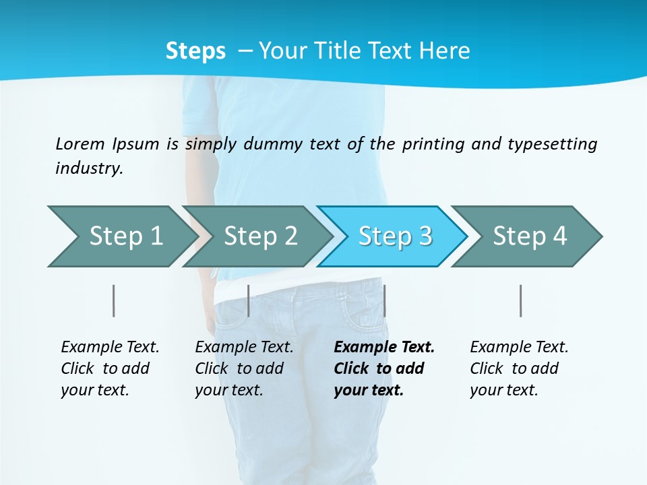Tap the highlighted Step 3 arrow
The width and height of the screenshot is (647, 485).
(x=395, y=236)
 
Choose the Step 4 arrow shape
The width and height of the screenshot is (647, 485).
(x=530, y=236)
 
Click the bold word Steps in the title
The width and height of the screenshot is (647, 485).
(x=195, y=51)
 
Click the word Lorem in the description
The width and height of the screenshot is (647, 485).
(x=80, y=143)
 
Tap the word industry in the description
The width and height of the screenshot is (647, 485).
(x=89, y=168)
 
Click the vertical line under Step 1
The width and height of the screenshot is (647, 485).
(x=114, y=300)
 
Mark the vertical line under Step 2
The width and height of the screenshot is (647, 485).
(x=249, y=300)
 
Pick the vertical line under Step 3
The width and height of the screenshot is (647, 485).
(x=384, y=300)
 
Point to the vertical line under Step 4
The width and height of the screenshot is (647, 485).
(x=521, y=300)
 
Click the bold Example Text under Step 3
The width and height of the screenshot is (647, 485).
(x=384, y=347)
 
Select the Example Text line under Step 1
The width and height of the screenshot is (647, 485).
(x=110, y=347)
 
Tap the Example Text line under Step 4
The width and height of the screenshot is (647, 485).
(x=519, y=347)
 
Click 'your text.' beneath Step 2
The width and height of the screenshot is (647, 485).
(x=228, y=390)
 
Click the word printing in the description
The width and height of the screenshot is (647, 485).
(x=431, y=144)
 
